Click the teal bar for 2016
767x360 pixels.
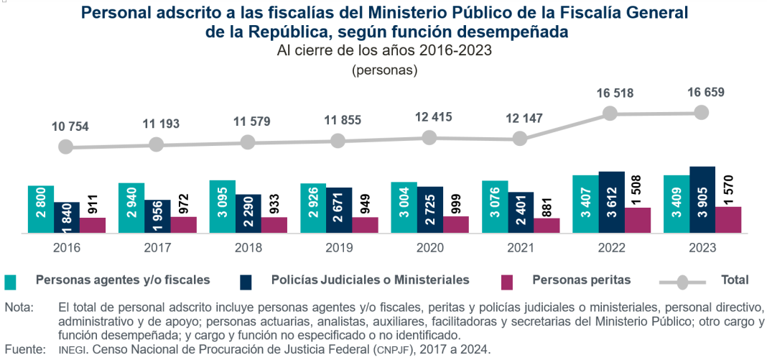tap(41, 208)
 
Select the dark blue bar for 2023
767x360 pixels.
tap(702, 200)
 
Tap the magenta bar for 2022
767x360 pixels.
tap(638, 220)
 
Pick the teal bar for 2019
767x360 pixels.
tap(313, 208)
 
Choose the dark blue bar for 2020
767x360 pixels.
tap(430, 209)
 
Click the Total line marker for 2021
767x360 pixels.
tap(520, 139)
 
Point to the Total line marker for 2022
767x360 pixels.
tap(610, 114)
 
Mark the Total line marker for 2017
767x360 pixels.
tap(157, 144)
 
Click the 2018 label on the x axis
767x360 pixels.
tap(248, 246)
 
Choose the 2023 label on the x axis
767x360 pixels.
tap(702, 246)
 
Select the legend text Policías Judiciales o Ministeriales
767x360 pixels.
tap(370, 280)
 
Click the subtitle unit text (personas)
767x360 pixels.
tap(384, 70)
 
